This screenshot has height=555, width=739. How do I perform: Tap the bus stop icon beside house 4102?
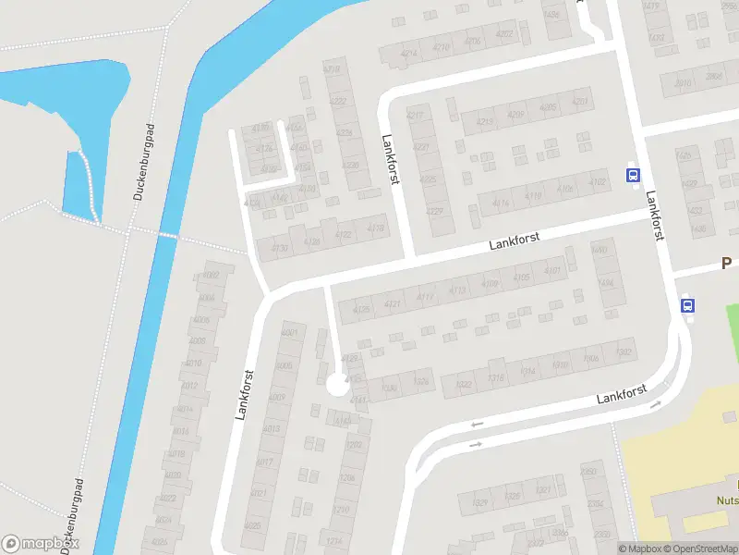pyautogui.click(x=634, y=176)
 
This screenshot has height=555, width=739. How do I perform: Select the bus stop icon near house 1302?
pyautogui.click(x=687, y=304)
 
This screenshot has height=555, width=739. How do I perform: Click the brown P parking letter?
pyautogui.click(x=727, y=265)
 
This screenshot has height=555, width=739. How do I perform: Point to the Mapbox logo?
pyautogui.click(x=40, y=543)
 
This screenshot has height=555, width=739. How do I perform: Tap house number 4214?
pyautogui.click(x=409, y=53)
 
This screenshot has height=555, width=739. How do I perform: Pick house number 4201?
pyautogui.click(x=580, y=102)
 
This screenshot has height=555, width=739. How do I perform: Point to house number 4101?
pyautogui.click(x=552, y=270)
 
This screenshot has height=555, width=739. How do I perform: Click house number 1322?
pyautogui.click(x=464, y=384)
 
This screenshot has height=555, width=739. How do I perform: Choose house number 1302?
pyautogui.click(x=624, y=351)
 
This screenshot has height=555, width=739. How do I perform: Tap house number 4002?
pyautogui.click(x=212, y=276)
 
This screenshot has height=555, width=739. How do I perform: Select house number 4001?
pyautogui.click(x=289, y=331)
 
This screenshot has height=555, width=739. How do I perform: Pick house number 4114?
pyautogui.click(x=502, y=203)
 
